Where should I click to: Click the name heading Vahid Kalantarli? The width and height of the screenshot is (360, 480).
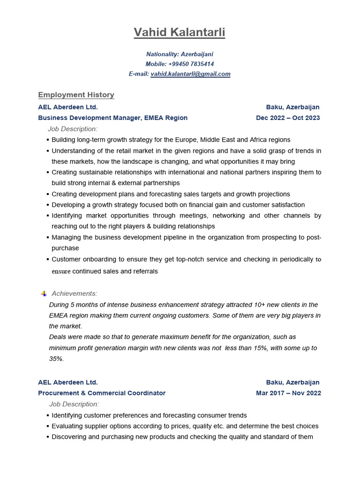pos(180,32)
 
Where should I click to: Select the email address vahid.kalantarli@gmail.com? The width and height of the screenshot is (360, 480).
pos(190,74)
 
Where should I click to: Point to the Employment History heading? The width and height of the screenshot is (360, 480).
pos(76,95)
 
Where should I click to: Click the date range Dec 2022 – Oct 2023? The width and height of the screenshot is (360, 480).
pos(288,118)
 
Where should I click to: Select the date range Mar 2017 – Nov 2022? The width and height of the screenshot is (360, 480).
pos(288,393)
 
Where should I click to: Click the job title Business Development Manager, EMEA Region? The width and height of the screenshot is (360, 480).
pos(112,118)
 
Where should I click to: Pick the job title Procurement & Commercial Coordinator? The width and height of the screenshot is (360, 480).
pos(102,393)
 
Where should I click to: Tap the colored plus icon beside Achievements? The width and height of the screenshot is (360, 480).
pos(44,293)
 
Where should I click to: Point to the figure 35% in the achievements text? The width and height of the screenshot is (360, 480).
pos(56,359)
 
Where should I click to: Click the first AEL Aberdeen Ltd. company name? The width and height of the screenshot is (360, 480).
pos(68,107)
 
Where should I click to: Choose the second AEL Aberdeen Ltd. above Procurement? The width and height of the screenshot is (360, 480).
pos(68,382)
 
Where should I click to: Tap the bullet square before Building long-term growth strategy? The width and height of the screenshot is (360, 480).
pos(48,140)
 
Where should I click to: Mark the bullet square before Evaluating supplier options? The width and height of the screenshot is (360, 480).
pos(48,426)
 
